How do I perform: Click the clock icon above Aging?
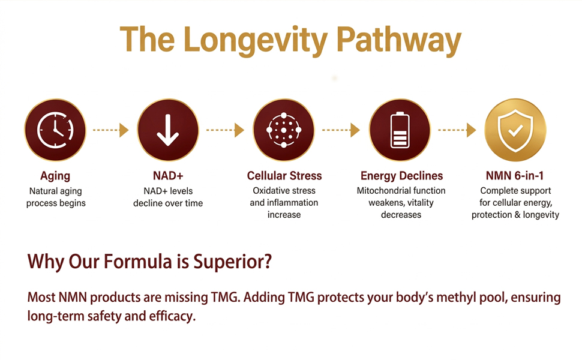[x=55, y=130]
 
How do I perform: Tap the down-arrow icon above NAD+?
[x=168, y=130]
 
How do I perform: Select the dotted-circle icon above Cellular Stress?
[x=284, y=130]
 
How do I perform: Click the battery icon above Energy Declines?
[x=400, y=130]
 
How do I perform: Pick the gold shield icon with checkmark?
[x=515, y=130]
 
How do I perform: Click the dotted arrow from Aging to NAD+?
[x=110, y=130]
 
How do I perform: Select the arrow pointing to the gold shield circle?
[x=457, y=130]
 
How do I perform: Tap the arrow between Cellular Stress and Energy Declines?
[x=341, y=130]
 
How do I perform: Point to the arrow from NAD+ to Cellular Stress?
[x=225, y=130]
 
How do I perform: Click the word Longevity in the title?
[x=256, y=40]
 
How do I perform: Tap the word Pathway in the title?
[x=398, y=40]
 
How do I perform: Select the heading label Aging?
[x=55, y=176]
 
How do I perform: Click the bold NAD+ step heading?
[x=168, y=176]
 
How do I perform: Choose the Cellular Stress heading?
[x=284, y=176]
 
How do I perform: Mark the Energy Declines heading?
[x=401, y=176]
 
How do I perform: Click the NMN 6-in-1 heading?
[x=515, y=176]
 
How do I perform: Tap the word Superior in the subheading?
[x=232, y=262]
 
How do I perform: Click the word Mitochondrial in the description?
[x=379, y=191]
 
